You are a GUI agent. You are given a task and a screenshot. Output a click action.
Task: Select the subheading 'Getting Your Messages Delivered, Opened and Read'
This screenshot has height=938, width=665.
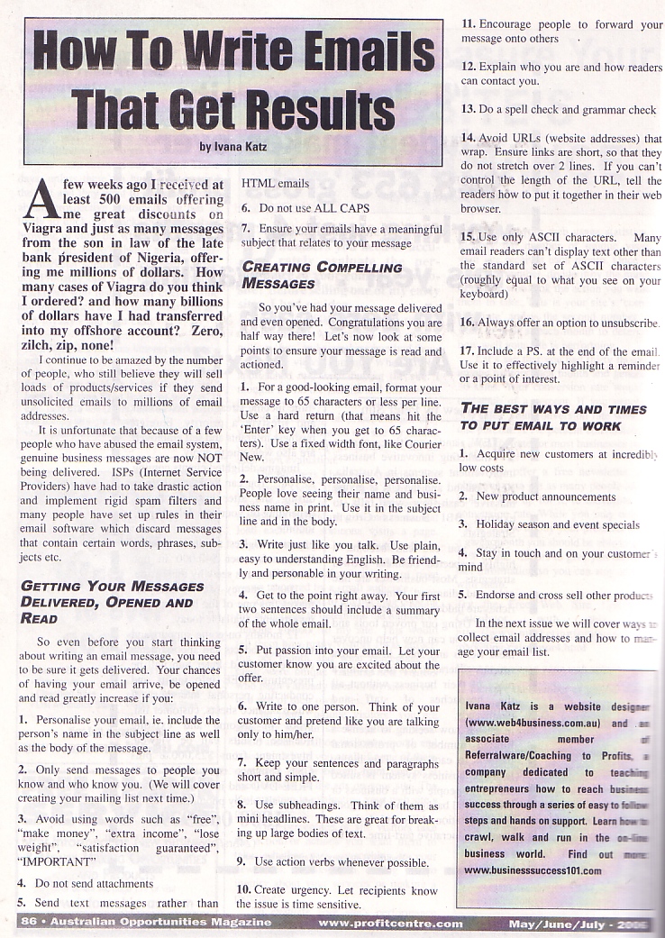111,602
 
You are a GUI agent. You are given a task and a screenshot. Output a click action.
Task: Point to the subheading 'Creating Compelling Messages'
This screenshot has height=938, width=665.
322,275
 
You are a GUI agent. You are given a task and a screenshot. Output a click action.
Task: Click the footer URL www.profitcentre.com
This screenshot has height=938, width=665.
390,923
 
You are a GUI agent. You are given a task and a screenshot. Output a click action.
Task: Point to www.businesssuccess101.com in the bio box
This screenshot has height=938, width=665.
533,870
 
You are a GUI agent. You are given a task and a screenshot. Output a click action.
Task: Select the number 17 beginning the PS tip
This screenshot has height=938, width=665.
468,351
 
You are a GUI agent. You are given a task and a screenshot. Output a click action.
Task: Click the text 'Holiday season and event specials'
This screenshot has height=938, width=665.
558,524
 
